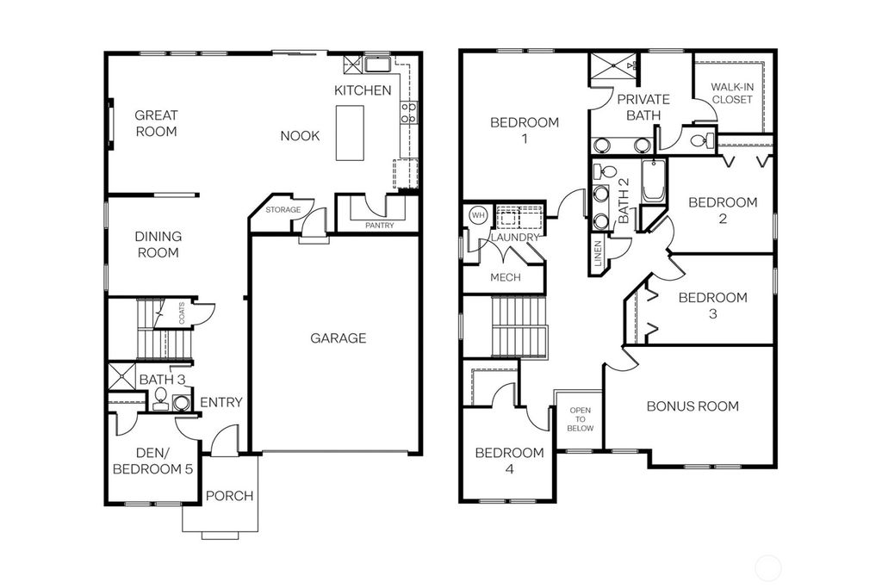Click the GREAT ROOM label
[x=156, y=123]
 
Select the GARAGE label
[x=339, y=338]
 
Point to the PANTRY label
[x=379, y=226]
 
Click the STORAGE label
[x=283, y=209]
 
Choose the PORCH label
[x=230, y=496]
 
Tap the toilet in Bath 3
[x=160, y=399]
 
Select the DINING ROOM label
[x=158, y=244]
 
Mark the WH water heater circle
[x=477, y=214]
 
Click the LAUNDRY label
[x=515, y=237]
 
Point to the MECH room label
[x=506, y=277]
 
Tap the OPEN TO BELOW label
[x=580, y=419]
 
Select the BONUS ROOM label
[x=693, y=406]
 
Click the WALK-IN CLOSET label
[x=731, y=93]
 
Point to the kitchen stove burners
[x=408, y=111]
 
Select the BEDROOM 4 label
[x=509, y=461]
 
